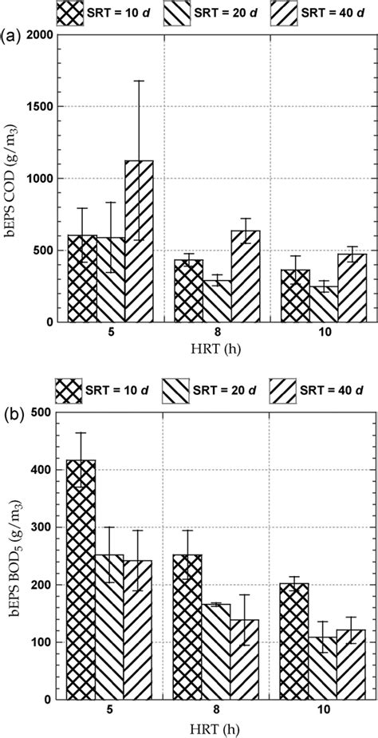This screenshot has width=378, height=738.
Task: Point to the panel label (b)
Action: tap(13, 413)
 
